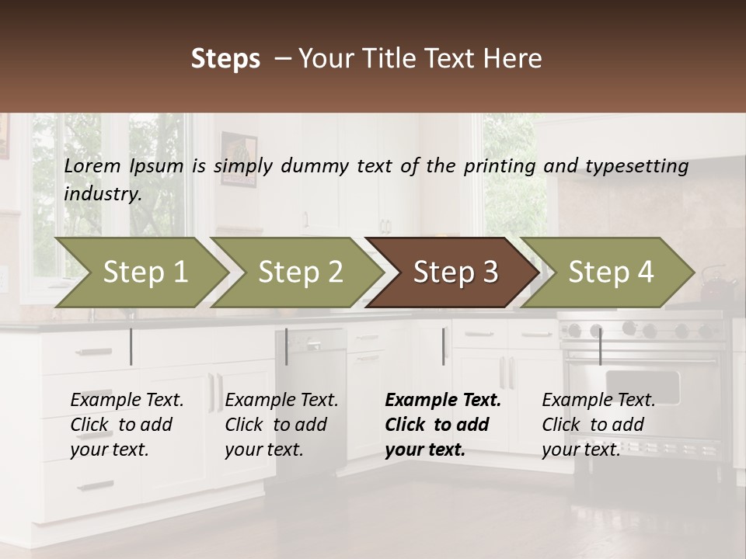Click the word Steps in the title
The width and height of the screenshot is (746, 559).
(225, 59)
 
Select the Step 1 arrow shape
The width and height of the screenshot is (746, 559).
(145, 272)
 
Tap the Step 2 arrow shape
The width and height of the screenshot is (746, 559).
(300, 272)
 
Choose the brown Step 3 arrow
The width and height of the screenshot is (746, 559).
(455, 272)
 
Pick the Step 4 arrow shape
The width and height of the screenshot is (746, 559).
(610, 272)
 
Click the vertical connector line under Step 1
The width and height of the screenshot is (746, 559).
(131, 346)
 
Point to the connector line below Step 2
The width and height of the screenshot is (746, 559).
(287, 346)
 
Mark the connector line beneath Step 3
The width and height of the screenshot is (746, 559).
(444, 346)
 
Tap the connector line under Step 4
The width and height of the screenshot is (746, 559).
(600, 346)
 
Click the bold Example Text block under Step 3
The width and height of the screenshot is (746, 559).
(442, 425)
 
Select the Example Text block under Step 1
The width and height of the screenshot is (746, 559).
(127, 425)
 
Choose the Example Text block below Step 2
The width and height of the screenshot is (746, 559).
(281, 425)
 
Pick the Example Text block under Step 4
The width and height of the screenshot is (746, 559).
(598, 425)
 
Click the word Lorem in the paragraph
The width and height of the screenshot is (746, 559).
(92, 166)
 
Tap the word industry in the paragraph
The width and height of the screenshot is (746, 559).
(102, 194)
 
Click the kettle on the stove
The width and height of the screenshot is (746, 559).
(717, 286)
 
